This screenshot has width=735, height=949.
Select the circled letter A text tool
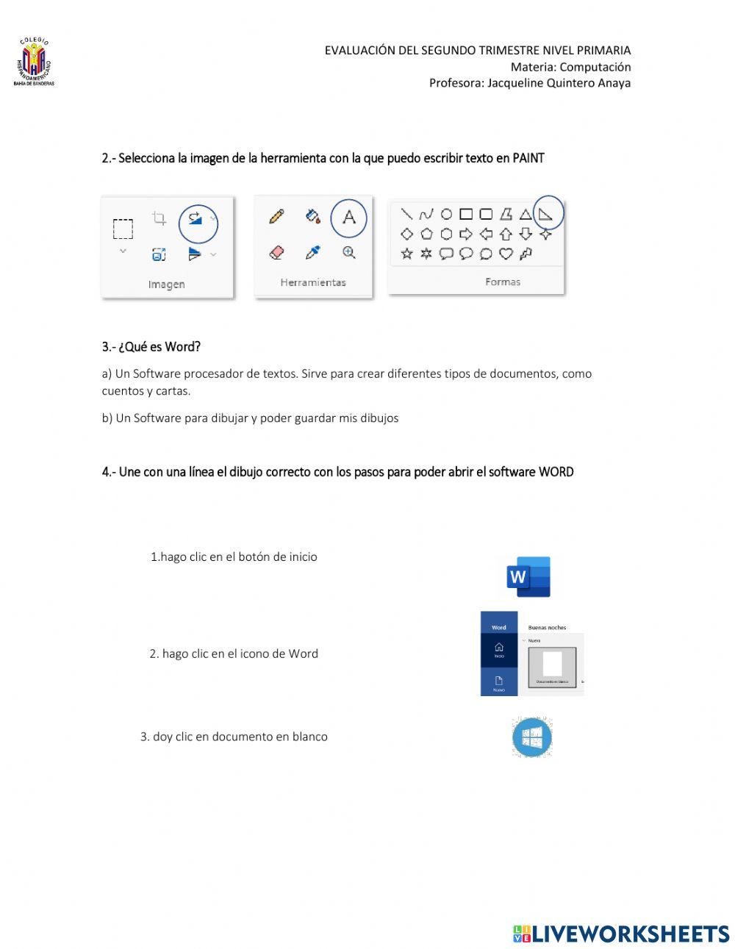click(x=348, y=217)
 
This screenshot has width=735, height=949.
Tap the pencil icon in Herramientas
click(x=276, y=216)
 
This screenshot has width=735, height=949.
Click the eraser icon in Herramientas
click(x=276, y=252)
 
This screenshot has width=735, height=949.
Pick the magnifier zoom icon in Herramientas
click(x=348, y=252)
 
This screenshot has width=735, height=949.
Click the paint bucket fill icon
click(x=312, y=216)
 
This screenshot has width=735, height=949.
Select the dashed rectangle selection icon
click(x=123, y=229)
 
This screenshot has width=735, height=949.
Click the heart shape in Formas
click(x=506, y=254)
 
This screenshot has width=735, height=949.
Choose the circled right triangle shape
click(x=546, y=214)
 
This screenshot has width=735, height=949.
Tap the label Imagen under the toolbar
click(x=167, y=284)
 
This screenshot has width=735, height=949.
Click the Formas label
click(x=503, y=282)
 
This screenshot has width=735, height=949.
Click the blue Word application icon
click(x=528, y=576)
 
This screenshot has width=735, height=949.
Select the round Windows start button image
click(x=531, y=737)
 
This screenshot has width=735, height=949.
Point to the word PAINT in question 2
click(x=528, y=158)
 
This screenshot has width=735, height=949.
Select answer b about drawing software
click(x=250, y=418)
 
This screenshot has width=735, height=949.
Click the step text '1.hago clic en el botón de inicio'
click(x=234, y=556)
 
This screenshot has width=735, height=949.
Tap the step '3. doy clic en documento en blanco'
click(x=234, y=737)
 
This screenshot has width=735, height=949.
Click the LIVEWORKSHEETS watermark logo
click(x=621, y=934)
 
